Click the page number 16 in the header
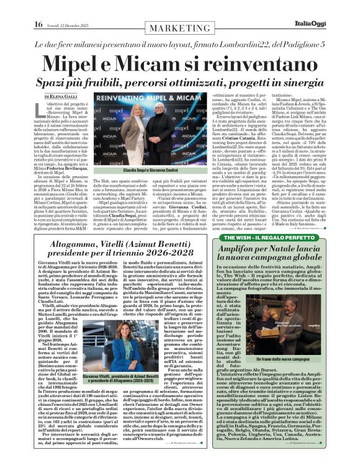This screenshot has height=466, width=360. click(x=12, y=7)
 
